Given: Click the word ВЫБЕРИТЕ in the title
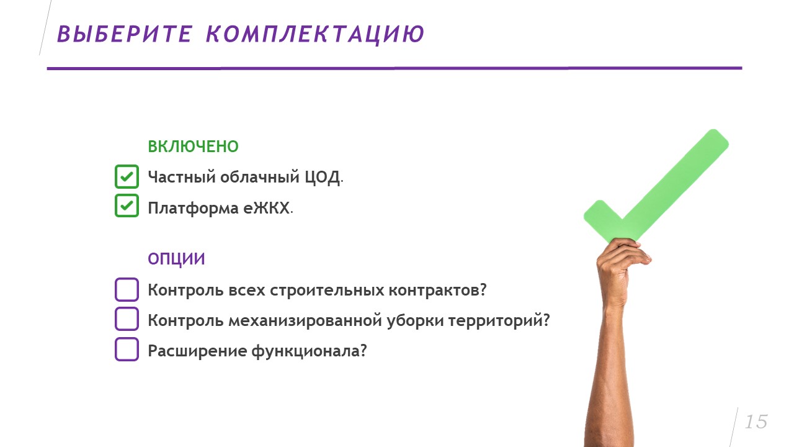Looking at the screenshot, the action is [x=125, y=34].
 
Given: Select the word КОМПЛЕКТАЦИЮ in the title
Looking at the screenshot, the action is [x=315, y=35].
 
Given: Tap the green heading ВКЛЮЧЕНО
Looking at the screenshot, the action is [x=193, y=147].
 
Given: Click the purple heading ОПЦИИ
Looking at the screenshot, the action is [x=176, y=259].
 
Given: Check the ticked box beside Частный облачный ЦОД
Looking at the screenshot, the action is [x=127, y=176].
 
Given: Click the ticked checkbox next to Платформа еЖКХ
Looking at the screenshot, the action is [x=127, y=205].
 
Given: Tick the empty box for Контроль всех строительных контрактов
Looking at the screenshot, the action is [x=127, y=289].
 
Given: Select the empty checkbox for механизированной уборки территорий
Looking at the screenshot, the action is [x=127, y=319].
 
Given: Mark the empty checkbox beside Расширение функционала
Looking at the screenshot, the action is [x=127, y=349].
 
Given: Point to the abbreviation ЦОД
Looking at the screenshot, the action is [x=323, y=178].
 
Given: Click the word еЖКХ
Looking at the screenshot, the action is [x=266, y=208].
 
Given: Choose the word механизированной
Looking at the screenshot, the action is [x=305, y=321].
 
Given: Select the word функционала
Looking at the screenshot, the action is [x=309, y=351].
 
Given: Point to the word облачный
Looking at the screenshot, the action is [x=260, y=177].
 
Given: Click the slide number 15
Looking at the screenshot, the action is [x=756, y=422].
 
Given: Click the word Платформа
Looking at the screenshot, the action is [x=193, y=209].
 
